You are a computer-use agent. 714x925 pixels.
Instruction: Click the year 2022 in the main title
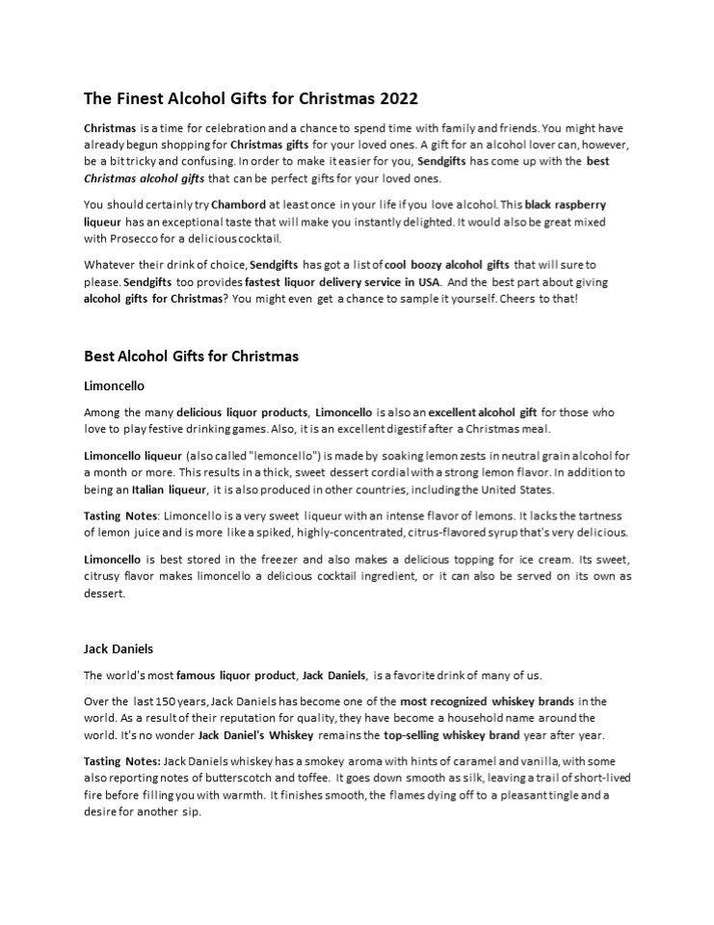tap(400, 98)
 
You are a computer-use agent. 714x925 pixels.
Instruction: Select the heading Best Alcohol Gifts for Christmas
tap(191, 357)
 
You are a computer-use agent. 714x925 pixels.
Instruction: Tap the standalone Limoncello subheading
tap(114, 386)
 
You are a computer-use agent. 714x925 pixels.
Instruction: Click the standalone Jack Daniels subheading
tap(119, 648)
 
